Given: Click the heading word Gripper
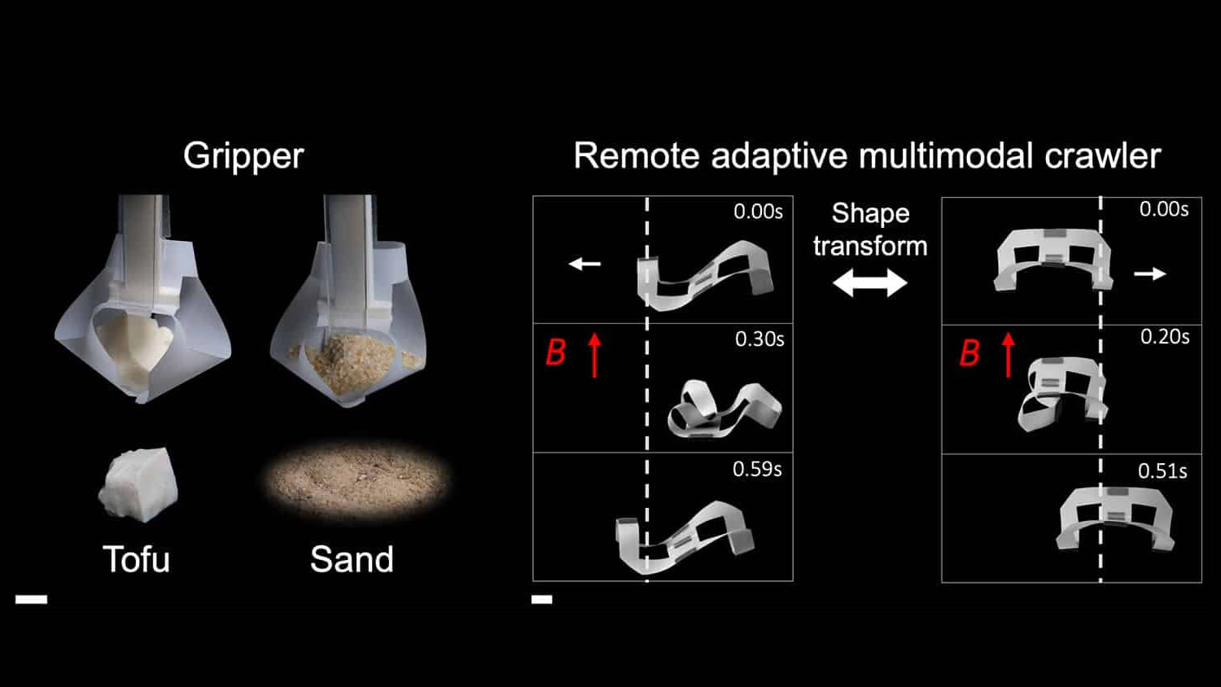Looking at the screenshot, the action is click(243, 155).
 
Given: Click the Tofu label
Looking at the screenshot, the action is click(136, 559).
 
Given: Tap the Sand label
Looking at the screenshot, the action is click(352, 559).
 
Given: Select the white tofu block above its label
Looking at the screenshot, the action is click(139, 484).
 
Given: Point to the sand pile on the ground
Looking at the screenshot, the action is click(356, 482).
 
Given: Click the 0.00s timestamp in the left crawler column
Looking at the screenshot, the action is click(758, 212).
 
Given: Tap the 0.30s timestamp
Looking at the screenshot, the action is click(759, 339).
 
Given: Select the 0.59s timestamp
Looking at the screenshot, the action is click(757, 469).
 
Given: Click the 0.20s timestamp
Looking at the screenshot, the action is click(1165, 337).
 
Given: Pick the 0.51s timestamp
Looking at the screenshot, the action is click(1162, 471).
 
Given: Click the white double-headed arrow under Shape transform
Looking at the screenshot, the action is click(869, 283).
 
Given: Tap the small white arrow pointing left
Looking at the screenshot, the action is click(584, 264).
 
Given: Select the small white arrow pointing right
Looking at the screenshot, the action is click(1149, 274).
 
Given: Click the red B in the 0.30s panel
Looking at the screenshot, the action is click(556, 352).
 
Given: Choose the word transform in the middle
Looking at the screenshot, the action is click(870, 246).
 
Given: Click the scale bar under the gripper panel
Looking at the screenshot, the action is click(31, 600).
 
